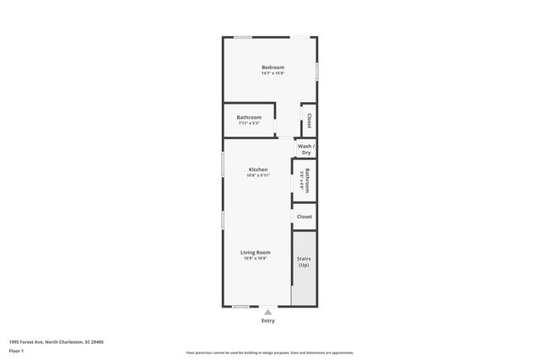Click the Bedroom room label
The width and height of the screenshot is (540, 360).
273,67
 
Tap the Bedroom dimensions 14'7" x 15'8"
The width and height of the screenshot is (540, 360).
273,73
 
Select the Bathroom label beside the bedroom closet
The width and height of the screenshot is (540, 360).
249,117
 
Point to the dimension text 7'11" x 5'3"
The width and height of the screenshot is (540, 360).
249,123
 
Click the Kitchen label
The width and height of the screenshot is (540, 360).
257,169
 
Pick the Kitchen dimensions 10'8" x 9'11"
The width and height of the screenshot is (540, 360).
257,175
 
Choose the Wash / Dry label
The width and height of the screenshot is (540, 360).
305,149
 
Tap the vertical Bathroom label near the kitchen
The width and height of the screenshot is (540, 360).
307,181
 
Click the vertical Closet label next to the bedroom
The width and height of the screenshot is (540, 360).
310,120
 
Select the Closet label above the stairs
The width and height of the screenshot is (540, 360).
305,217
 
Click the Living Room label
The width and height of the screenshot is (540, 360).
255,252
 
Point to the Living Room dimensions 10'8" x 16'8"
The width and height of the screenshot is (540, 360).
255,258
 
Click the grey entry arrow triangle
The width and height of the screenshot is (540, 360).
268,311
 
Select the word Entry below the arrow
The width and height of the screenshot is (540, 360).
268,320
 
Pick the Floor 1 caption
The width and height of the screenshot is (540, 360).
16,351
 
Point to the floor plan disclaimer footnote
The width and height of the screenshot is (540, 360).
270,352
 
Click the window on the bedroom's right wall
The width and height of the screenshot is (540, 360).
317,72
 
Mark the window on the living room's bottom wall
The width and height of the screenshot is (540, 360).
241,306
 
